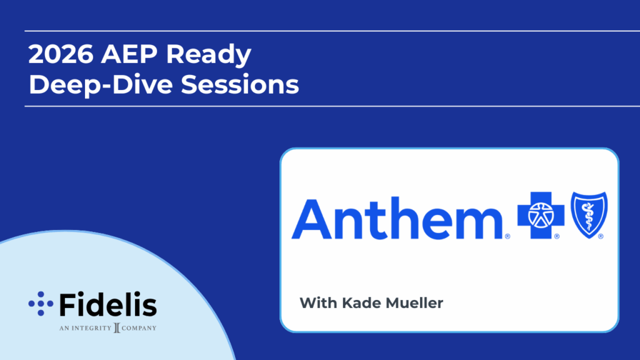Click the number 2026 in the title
coord(61,54)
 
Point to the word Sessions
coord(240,84)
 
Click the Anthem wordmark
coord(397,219)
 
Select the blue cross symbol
coord(541,215)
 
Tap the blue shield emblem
coord(589,215)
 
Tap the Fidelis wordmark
coord(108,304)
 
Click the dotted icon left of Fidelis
coord(41,304)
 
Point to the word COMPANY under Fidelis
coord(139,328)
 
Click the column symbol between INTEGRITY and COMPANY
coord(117,327)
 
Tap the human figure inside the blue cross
coord(541,215)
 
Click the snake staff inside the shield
coord(589,214)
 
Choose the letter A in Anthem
coord(311,219)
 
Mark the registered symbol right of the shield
coord(601,236)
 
